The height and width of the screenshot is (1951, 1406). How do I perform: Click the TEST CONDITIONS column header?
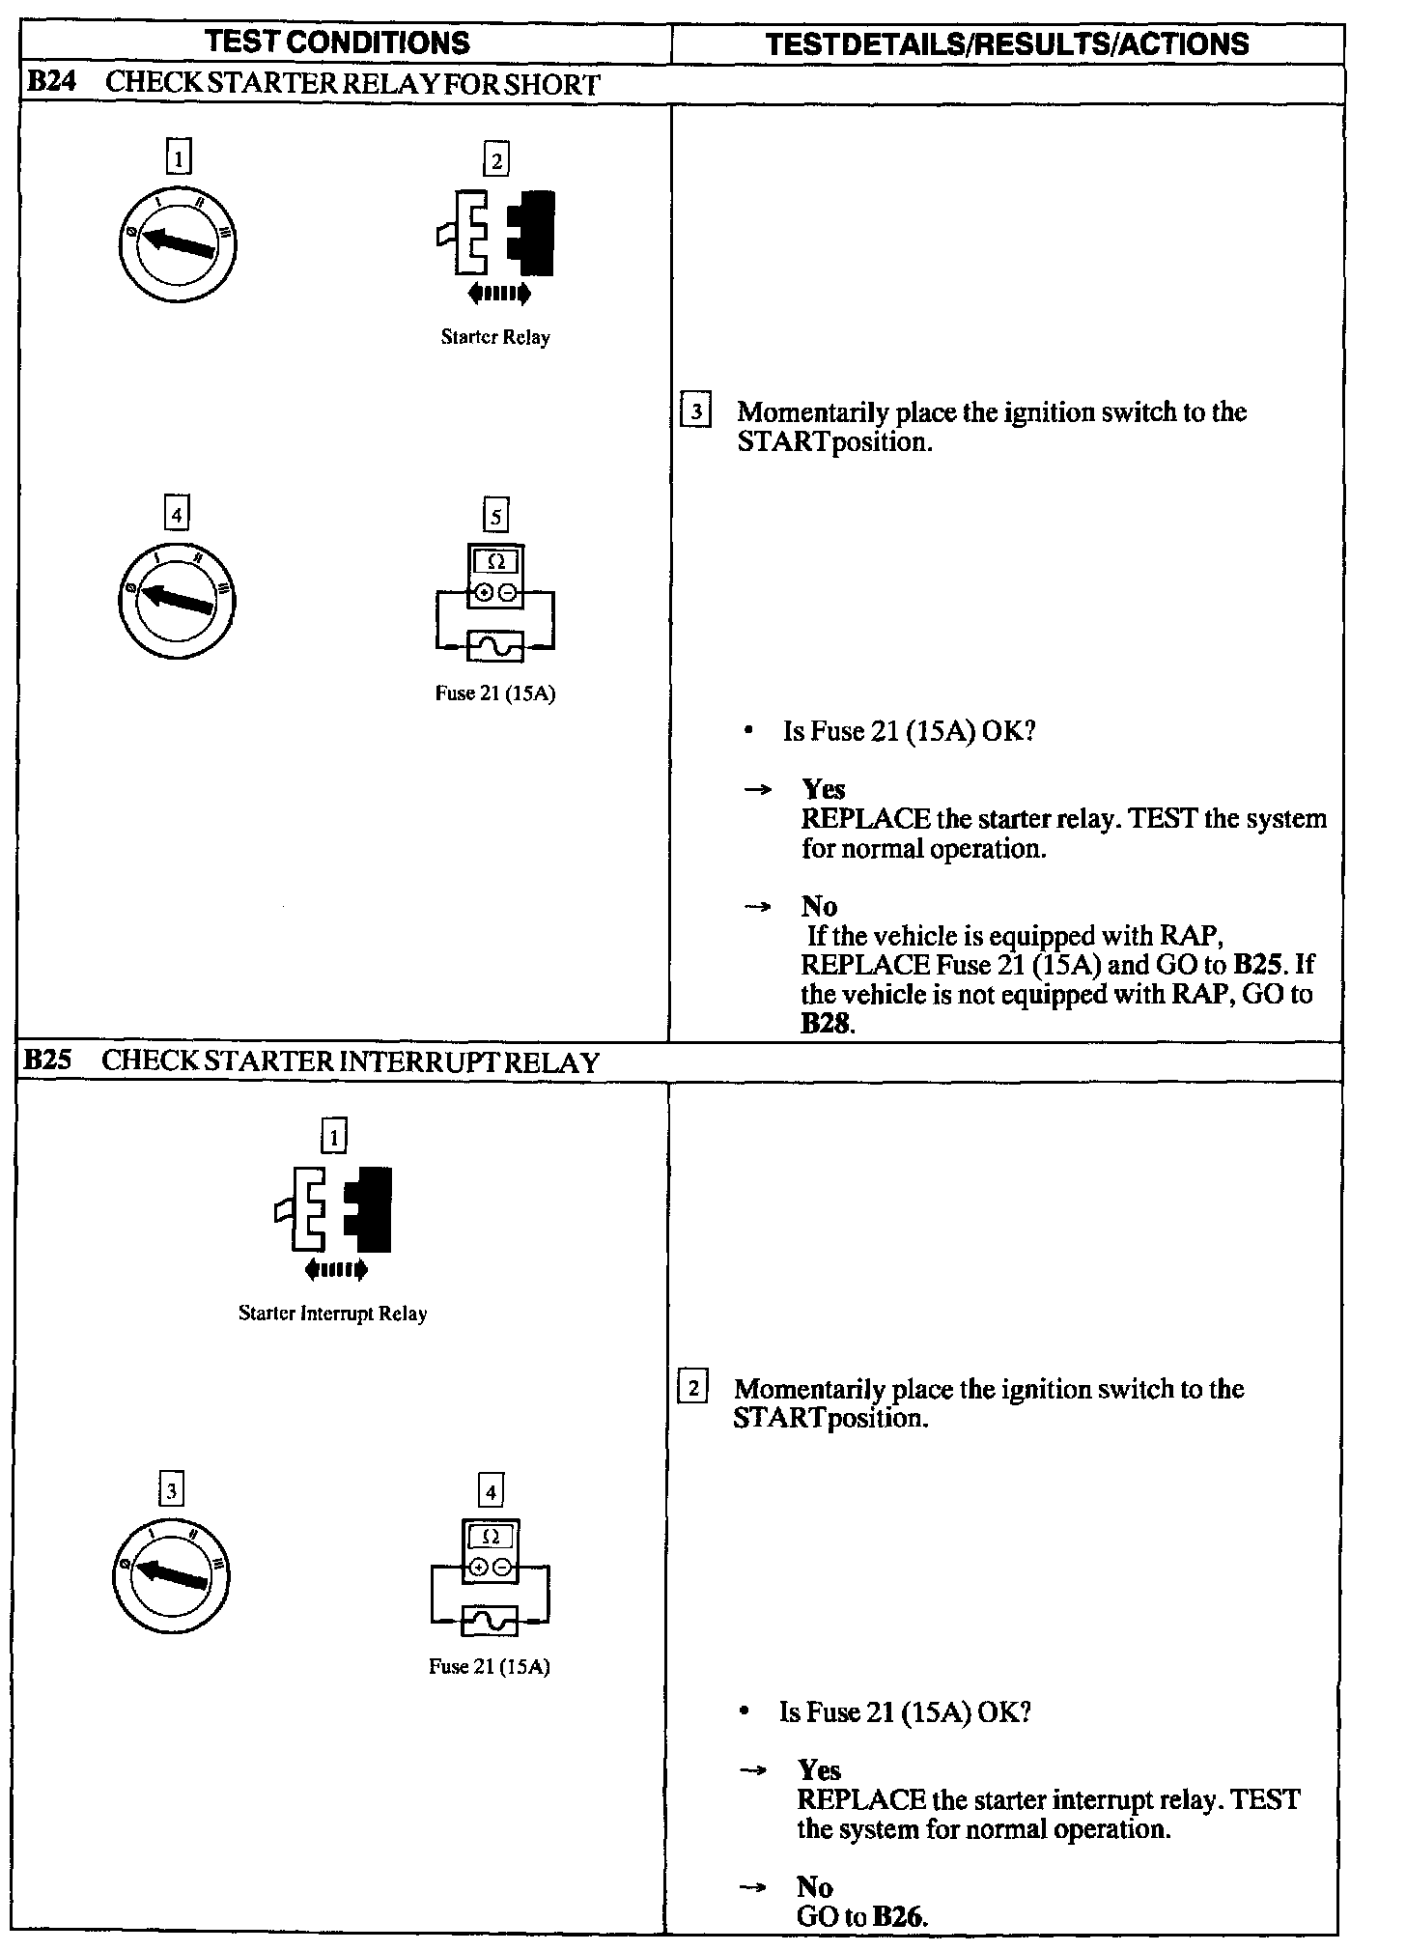(x=337, y=42)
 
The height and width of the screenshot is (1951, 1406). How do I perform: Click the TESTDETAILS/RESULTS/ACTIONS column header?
(x=1006, y=43)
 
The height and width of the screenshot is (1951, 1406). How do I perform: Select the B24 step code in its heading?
(x=49, y=82)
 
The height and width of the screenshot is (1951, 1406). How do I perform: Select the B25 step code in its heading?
(x=47, y=1060)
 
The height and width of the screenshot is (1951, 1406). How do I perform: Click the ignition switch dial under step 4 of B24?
(x=176, y=600)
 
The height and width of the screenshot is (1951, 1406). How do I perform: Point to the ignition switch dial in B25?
(x=172, y=1574)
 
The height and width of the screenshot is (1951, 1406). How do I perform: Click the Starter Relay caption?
(x=495, y=337)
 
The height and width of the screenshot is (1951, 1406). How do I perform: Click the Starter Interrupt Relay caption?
(x=332, y=1314)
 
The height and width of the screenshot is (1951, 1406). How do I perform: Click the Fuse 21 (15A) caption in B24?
(x=495, y=693)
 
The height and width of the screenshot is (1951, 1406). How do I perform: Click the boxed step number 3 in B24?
(x=695, y=411)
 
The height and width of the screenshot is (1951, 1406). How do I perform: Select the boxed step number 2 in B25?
(x=692, y=1389)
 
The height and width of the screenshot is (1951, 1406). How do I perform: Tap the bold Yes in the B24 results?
(x=823, y=789)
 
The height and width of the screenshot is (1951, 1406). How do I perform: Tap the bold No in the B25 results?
(x=814, y=1886)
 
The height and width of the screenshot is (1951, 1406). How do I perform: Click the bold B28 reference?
(x=827, y=1024)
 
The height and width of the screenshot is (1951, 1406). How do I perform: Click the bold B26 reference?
(x=898, y=1916)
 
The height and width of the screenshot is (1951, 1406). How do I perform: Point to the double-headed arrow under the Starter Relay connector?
(x=498, y=293)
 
